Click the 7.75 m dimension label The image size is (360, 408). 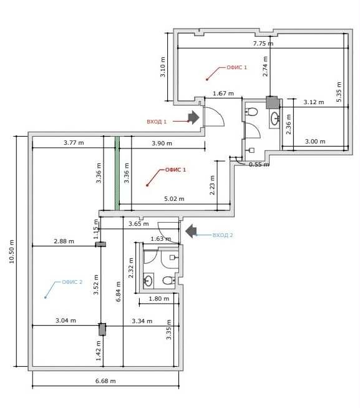tap(263, 43)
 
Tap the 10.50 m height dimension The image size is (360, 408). tap(12, 251)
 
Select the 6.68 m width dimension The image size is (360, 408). tap(105, 381)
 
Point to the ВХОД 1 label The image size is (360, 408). tap(157, 122)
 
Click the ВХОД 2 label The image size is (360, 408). tap(223, 235)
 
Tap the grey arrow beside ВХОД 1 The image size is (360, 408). tap(193, 117)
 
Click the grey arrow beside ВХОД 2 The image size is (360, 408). tap(191, 231)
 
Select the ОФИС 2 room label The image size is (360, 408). tap(72, 282)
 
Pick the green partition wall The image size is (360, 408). tap(117, 173)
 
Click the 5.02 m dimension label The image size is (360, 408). tap(174, 199)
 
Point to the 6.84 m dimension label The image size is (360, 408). tap(118, 291)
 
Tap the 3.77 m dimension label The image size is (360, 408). tap(74, 143)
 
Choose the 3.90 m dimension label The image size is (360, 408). tap(162, 143)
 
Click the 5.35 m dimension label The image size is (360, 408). tap(339, 92)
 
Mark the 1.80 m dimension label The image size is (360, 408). tap(158, 299)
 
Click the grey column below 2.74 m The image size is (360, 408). tap(273, 102)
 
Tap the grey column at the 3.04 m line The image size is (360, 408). tap(102, 329)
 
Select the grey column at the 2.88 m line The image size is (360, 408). tap(100, 245)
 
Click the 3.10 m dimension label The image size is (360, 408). tap(162, 67)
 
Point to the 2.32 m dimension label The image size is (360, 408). tap(130, 268)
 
